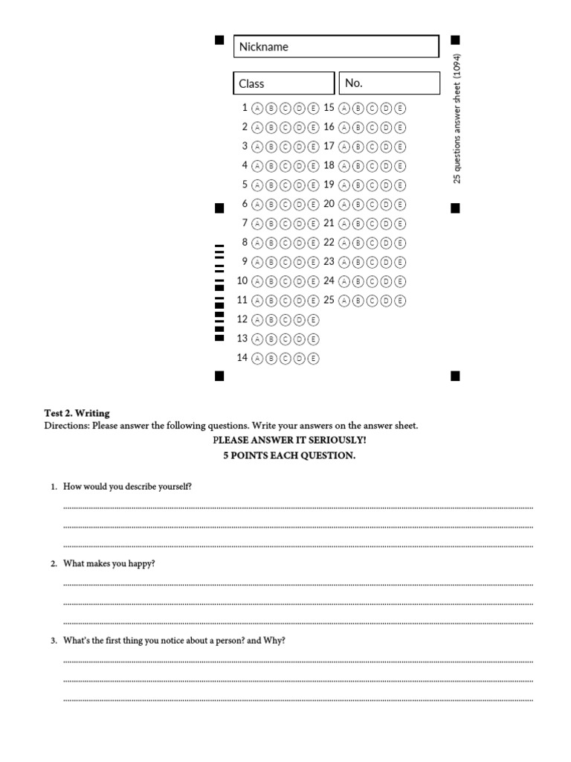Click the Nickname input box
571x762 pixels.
click(x=336, y=47)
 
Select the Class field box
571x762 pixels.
click(x=284, y=83)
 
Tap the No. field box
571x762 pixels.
click(x=390, y=83)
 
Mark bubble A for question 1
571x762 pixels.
click(x=257, y=108)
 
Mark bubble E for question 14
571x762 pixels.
click(x=313, y=359)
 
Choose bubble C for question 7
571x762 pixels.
click(x=285, y=223)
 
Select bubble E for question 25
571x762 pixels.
click(x=401, y=301)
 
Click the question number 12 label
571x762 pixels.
click(x=242, y=319)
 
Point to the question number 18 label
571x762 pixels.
click(x=329, y=165)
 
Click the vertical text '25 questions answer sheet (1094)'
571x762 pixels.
click(x=457, y=119)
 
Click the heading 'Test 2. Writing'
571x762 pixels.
click(x=77, y=413)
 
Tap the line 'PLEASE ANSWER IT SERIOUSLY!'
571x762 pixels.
click(x=289, y=441)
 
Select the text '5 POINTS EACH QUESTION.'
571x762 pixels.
click(x=289, y=455)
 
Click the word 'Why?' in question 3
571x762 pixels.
click(x=274, y=641)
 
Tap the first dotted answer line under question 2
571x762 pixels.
click(x=297, y=584)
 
